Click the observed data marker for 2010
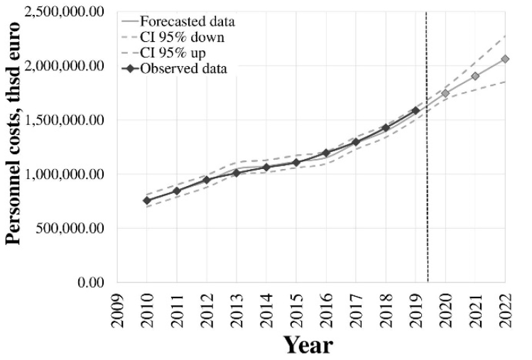click(146, 200)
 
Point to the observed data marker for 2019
click(416, 111)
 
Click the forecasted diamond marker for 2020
click(445, 93)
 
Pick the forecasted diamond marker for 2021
click(475, 76)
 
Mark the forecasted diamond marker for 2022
click(505, 59)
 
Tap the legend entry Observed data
click(184, 69)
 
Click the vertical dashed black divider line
click(427, 213)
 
